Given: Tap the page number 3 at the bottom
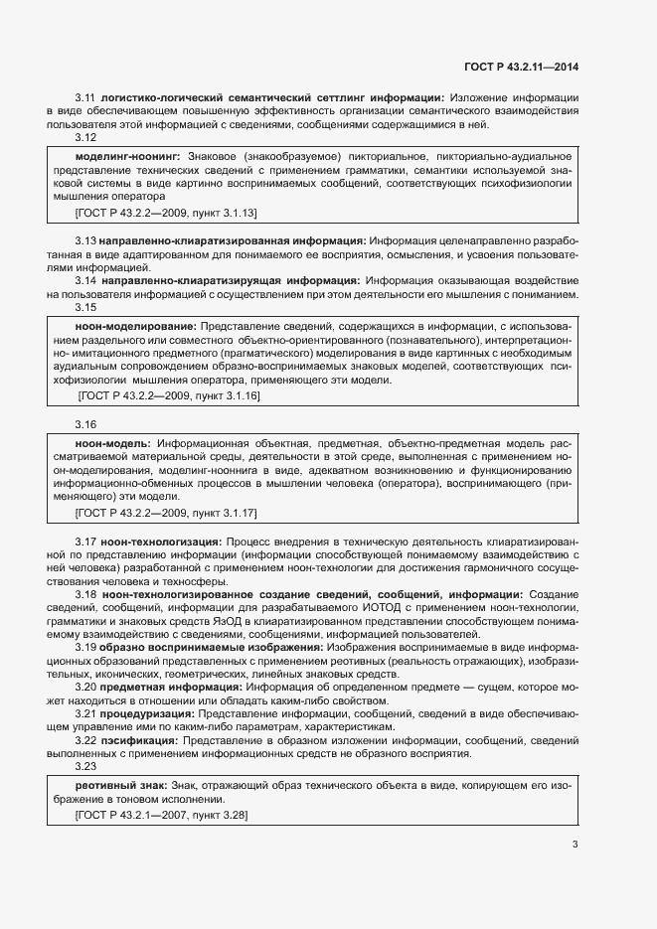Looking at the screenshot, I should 575,846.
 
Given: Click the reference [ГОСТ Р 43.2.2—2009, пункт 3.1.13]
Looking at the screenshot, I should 166,213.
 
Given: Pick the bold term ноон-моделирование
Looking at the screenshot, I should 135,326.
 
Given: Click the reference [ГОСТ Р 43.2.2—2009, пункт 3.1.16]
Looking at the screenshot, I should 168,395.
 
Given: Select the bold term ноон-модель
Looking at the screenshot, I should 112,442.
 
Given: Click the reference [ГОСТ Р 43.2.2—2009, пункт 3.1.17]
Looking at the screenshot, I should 166,512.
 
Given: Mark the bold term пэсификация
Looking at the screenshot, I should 140,740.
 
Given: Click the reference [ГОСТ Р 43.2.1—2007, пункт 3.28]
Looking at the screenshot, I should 161,815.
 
